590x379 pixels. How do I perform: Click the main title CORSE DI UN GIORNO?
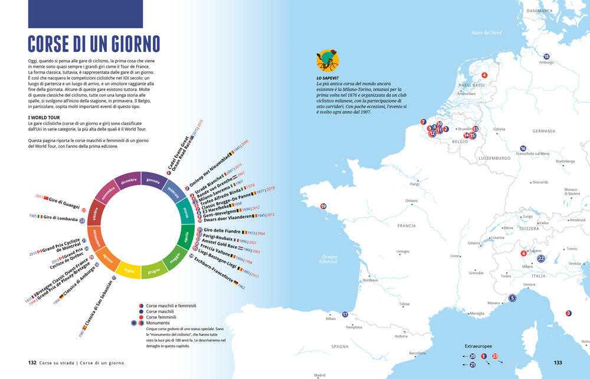pos(94,44)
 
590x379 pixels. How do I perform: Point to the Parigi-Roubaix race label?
pos(221,236)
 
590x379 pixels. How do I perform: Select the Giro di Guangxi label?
pos(64,200)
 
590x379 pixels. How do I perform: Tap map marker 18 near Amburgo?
pos(546,56)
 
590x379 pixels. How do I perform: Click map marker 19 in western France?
pos(323,206)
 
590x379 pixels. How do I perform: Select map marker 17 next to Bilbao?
pos(345,315)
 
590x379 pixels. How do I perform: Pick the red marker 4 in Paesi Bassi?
pos(484,75)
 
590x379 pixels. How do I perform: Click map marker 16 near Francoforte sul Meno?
pos(523,149)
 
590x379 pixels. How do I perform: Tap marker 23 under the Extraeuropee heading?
pos(495,356)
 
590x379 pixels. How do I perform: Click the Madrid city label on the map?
pos(320,375)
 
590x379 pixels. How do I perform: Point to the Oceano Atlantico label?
pos(329,259)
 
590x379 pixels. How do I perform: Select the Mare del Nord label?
pos(486,32)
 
